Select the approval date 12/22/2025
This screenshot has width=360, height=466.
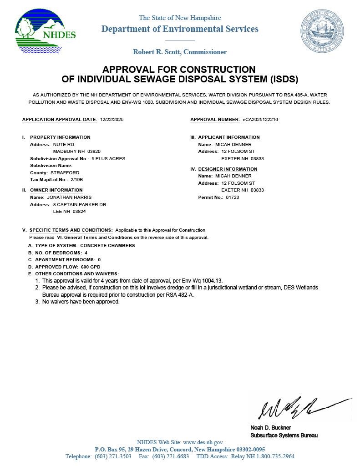[x=112, y=120]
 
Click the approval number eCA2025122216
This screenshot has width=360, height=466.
[x=260, y=120]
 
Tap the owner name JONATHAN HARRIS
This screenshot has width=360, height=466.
[x=69, y=198]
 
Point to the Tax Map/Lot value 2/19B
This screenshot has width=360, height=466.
[x=77, y=180]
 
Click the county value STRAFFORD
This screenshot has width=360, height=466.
[x=65, y=173]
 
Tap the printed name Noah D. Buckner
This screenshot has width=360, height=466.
[x=270, y=428]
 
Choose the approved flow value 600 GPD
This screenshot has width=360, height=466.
[x=91, y=267]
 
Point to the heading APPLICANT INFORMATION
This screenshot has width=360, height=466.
[x=229, y=137]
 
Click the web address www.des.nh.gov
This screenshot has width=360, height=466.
[x=203, y=442]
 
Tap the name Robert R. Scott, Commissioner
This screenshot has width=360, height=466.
[x=180, y=52]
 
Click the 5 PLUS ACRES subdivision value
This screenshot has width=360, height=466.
[x=108, y=159]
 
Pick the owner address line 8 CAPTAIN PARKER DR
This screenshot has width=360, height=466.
[x=80, y=205]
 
